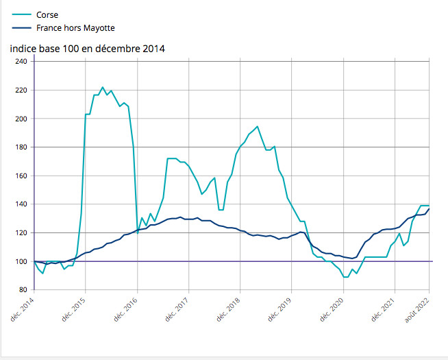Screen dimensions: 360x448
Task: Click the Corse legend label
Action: (x=47, y=14)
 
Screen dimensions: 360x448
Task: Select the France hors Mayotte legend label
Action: (x=75, y=28)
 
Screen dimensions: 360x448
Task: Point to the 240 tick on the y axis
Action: (x=21, y=62)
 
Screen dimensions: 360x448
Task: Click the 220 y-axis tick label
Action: (x=21, y=90)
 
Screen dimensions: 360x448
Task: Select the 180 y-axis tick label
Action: (x=21, y=147)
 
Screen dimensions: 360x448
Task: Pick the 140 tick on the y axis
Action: (x=21, y=204)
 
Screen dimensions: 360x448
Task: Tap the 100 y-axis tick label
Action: (x=21, y=261)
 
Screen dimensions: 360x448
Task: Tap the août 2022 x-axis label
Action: (x=419, y=309)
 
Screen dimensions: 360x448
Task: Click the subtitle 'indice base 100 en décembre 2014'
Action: (x=87, y=49)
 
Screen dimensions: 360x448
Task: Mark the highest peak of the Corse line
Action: (x=103, y=87)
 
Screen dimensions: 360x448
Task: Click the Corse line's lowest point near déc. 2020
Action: (x=345, y=277)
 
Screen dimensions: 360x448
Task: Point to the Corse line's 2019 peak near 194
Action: (x=257, y=126)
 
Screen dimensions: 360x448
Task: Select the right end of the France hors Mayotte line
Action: (x=429, y=209)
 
